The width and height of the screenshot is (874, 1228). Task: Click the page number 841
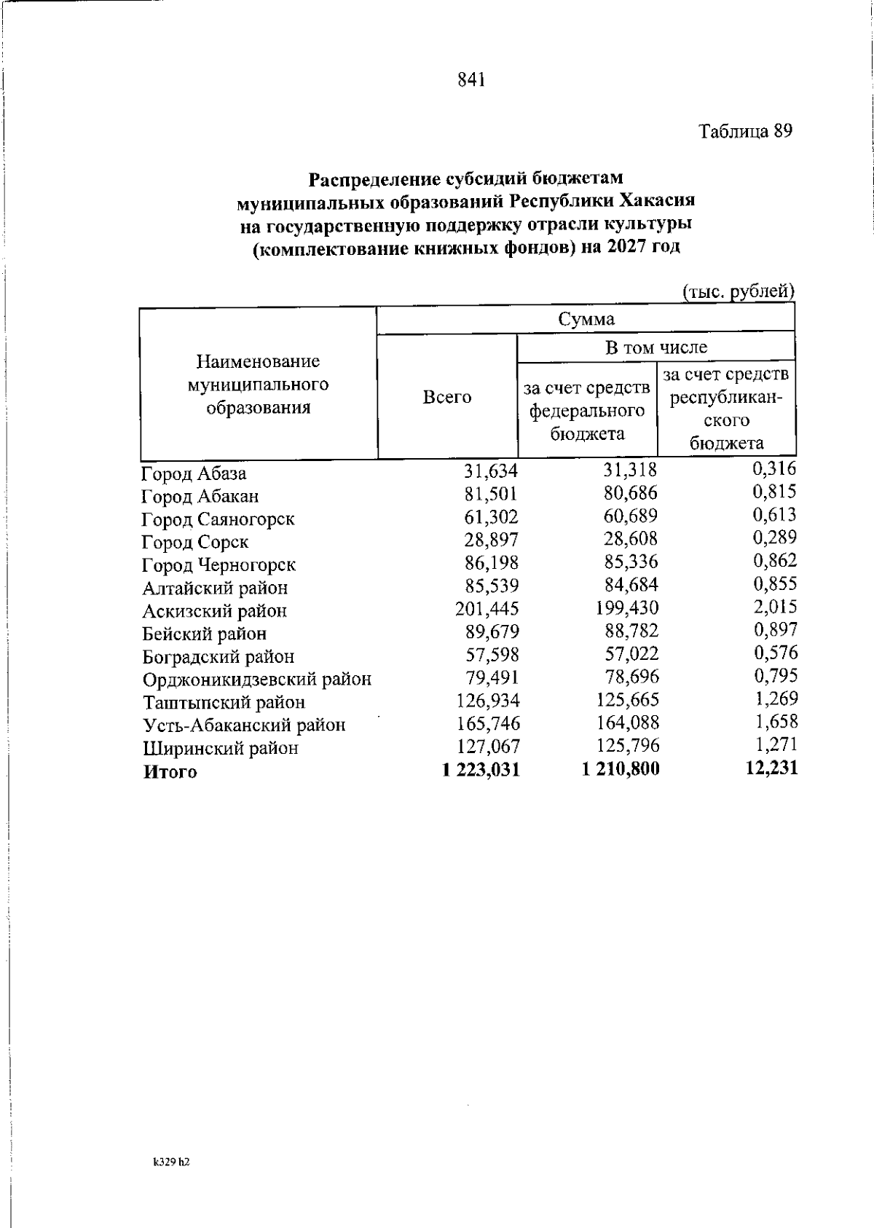471,79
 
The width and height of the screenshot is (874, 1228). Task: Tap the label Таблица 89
745,132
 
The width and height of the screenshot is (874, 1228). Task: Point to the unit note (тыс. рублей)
738,292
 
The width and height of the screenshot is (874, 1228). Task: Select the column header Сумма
586,319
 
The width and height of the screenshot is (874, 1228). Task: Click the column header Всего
447,398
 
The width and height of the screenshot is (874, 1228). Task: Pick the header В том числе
655,347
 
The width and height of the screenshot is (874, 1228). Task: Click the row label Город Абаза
194,473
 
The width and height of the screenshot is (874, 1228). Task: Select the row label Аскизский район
214,611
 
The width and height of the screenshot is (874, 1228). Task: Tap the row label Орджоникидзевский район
256,680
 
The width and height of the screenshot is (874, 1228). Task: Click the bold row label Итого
170,772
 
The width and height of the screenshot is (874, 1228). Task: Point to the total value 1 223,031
481,770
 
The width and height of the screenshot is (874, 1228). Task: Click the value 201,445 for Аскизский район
487,608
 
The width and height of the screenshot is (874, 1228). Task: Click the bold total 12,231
772,768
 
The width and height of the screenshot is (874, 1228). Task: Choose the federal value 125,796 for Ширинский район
627,746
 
